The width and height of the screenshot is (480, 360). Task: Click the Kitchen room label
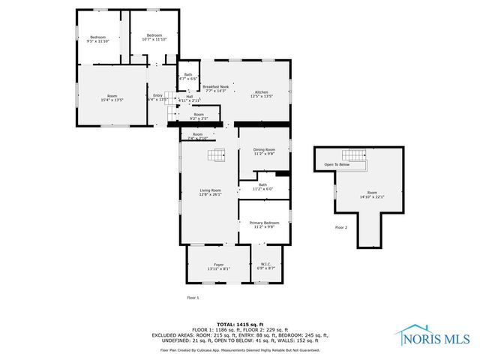click(261, 94)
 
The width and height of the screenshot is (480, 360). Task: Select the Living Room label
click(209, 193)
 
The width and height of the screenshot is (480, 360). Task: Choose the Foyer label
click(219, 266)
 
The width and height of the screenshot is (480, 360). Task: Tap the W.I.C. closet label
click(266, 266)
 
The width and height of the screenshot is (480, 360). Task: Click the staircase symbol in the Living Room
click(217, 156)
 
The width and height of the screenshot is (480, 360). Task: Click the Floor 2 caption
click(341, 227)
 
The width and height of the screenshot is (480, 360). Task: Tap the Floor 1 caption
click(193, 298)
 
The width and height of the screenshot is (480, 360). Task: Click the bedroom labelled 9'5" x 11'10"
click(99, 39)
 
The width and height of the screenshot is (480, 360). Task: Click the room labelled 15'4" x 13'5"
click(112, 97)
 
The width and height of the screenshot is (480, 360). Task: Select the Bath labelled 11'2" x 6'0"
click(263, 187)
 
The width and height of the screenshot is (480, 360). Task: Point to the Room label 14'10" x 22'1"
click(372, 194)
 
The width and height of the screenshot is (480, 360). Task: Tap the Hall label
click(189, 97)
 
